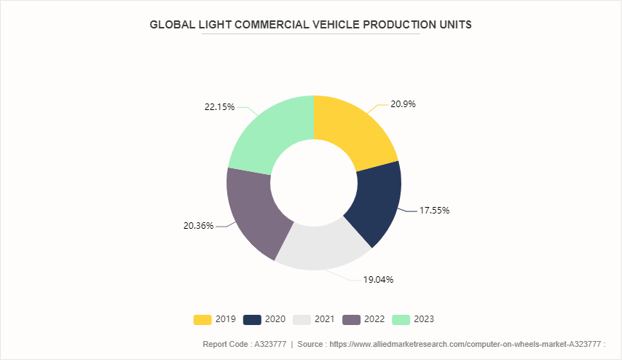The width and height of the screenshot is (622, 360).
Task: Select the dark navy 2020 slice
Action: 374,204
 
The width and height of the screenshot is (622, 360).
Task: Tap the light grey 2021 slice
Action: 320,249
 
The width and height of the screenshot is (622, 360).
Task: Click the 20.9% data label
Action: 403,104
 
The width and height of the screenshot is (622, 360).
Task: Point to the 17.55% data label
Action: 434,211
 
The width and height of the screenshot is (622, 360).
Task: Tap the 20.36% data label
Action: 198,226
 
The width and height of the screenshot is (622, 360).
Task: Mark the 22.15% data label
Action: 219,107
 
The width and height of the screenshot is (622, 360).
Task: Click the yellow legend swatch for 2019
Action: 202,319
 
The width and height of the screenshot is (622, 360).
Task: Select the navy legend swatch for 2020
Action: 251,319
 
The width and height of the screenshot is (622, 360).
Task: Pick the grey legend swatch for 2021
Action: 301,319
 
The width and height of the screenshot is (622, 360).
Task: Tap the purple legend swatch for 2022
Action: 351,319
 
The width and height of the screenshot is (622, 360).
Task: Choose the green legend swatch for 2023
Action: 401,319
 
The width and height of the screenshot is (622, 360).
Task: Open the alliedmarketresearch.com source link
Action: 467,343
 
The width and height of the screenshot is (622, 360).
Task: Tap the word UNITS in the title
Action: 454,24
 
